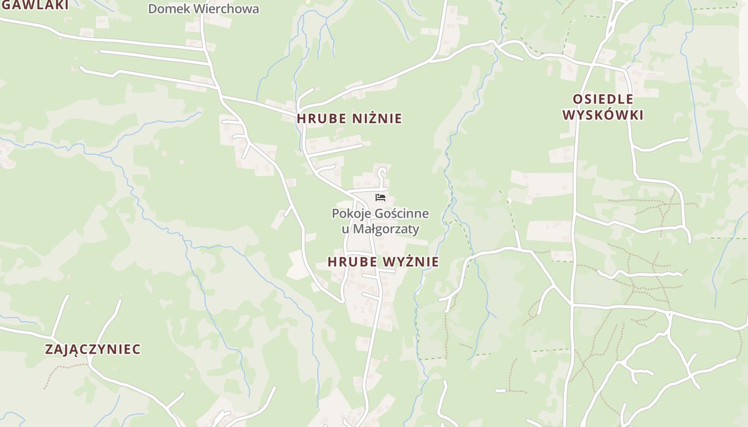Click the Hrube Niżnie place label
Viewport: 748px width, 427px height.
pyautogui.click(x=349, y=118)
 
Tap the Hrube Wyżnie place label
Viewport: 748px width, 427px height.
pyautogui.click(x=383, y=262)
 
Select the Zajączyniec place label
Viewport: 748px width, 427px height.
pyautogui.click(x=93, y=350)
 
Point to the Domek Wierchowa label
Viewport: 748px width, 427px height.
pyautogui.click(x=204, y=9)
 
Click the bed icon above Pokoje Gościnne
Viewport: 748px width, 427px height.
pyautogui.click(x=380, y=197)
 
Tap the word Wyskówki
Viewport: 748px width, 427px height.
pyautogui.click(x=603, y=115)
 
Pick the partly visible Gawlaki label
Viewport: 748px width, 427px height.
pyautogui.click(x=35, y=5)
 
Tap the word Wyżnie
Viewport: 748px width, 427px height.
pyautogui.click(x=412, y=262)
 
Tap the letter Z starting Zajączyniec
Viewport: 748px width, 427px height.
pyautogui.click(x=49, y=350)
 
